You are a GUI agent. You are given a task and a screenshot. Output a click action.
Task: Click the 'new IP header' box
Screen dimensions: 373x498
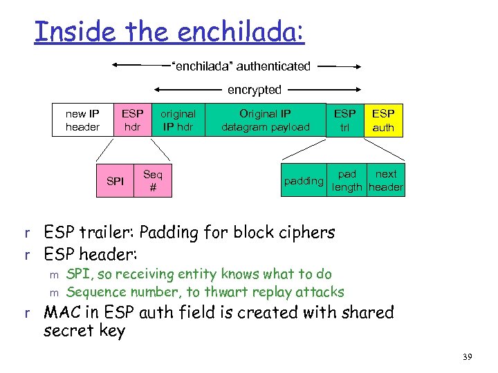coord(82,119)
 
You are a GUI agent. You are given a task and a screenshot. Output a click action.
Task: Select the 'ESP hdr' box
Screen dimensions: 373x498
coord(132,119)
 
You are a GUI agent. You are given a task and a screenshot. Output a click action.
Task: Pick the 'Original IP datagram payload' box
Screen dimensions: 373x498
coord(265,119)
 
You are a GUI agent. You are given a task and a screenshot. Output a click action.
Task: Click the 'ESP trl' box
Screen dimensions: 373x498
coord(344,119)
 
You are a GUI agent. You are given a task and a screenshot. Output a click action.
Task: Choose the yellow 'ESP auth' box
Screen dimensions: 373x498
coord(383,119)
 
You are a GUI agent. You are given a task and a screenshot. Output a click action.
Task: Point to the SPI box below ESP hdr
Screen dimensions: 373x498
coord(116,181)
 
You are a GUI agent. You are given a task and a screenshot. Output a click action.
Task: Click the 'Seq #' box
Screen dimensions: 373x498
coord(152,181)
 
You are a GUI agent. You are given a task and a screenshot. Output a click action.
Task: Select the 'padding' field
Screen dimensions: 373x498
coord(304,181)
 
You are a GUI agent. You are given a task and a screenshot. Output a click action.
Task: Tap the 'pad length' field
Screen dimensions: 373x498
coord(347,181)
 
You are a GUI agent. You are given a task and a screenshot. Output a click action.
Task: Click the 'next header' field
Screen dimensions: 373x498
coord(386,181)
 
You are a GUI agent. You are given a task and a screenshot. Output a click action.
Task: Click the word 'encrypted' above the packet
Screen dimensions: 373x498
coord(255,90)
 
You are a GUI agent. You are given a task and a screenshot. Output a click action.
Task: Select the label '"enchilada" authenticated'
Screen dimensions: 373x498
coord(241,66)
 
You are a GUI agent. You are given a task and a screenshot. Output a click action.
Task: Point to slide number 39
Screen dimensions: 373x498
coord(468,357)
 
